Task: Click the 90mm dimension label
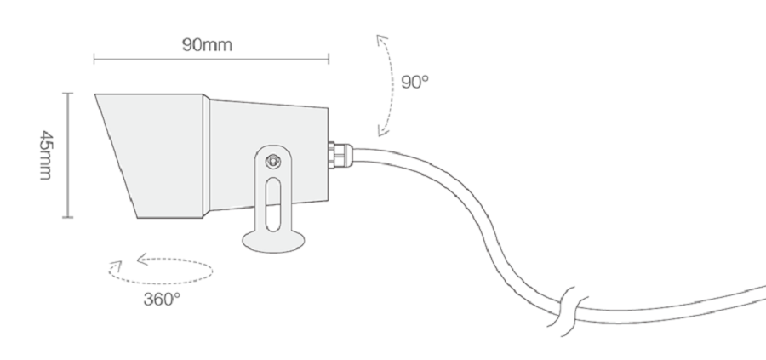(207, 44)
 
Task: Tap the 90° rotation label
(415, 83)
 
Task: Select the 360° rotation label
(162, 299)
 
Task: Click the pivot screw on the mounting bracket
(272, 161)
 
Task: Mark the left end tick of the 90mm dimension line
(94, 60)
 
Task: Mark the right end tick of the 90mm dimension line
(329, 60)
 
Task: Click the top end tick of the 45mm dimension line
(68, 94)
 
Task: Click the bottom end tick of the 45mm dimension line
(68, 218)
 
